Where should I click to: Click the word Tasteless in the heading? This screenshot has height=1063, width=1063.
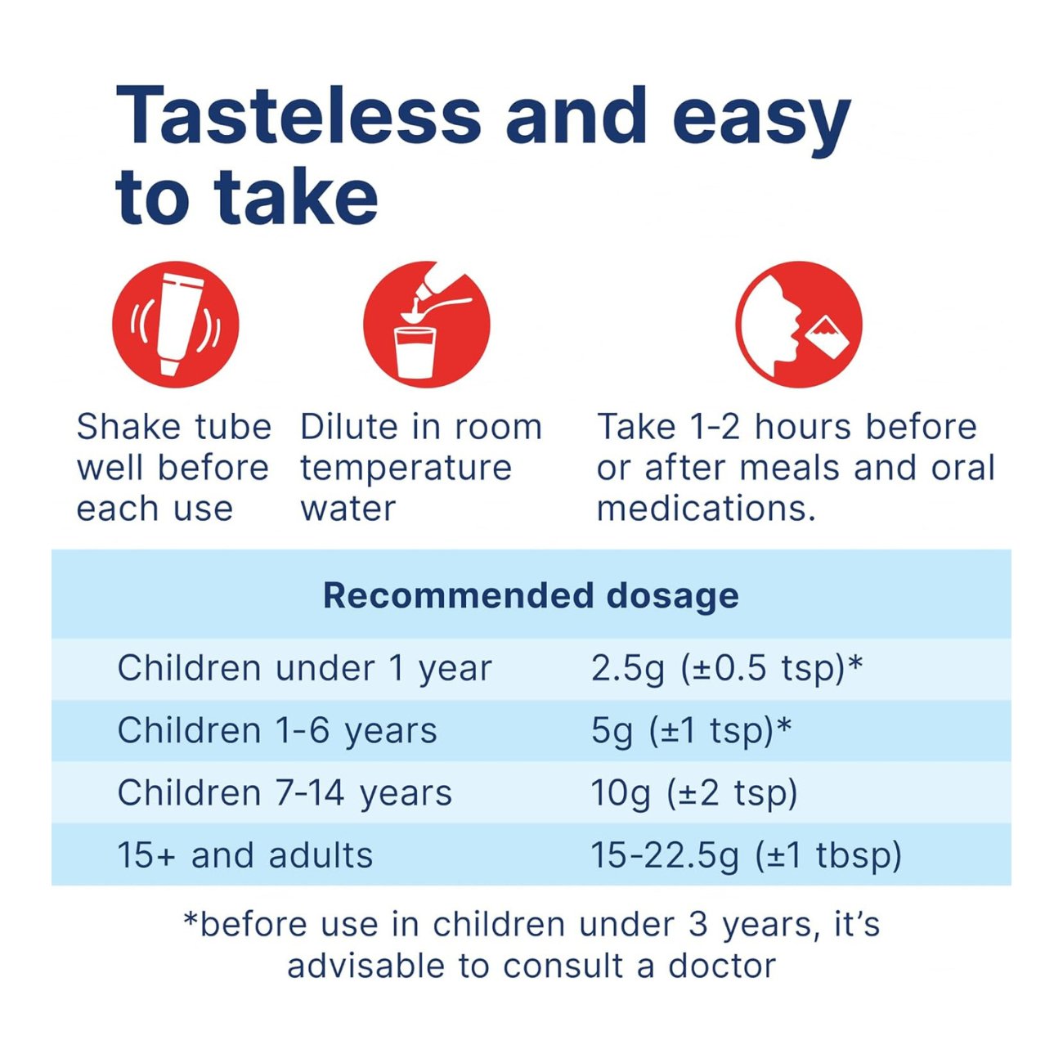[x=298, y=116]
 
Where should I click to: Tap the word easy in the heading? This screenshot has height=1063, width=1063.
[x=762, y=123]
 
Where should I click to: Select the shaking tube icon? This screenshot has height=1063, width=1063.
[x=176, y=325]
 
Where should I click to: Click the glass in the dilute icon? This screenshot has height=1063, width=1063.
[x=415, y=352]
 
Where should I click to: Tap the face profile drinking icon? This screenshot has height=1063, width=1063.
[x=799, y=325]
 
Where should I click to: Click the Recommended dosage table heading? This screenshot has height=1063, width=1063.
[x=531, y=596]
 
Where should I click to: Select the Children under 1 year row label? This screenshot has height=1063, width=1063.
[x=304, y=669]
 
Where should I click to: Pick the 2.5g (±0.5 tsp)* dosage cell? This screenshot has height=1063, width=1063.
[x=726, y=669]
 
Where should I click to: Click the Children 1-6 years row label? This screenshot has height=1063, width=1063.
[x=277, y=730]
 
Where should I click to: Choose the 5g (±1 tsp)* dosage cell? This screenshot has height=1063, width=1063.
[x=691, y=730]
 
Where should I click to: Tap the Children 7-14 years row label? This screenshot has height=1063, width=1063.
[x=285, y=792]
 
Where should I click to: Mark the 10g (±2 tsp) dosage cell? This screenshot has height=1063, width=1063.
[x=694, y=792]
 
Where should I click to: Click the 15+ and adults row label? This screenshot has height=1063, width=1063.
[x=245, y=855]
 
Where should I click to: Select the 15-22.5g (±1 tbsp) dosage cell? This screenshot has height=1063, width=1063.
[x=746, y=855]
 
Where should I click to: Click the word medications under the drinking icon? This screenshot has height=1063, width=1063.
[x=706, y=508]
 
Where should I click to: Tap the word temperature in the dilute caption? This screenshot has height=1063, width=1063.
[x=406, y=469]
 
